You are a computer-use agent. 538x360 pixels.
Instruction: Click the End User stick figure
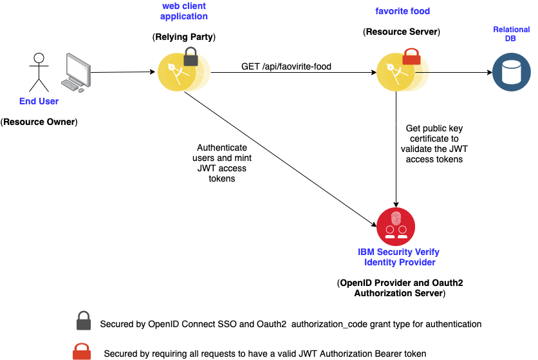pos(39,73)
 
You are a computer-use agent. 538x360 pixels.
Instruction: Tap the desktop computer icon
pos(76,73)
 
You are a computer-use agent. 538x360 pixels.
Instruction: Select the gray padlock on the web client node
pos(190,57)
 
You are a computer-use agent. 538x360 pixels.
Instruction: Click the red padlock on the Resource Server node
pos(411,57)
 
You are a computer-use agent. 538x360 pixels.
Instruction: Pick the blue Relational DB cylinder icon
pos(511,72)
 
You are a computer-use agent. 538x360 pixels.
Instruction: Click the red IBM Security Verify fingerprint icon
pos(396,227)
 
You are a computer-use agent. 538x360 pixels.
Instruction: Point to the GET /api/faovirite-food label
pos(286,66)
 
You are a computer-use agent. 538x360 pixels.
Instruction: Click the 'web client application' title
pos(184,11)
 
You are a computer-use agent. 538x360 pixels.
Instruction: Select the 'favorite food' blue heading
pos(402,11)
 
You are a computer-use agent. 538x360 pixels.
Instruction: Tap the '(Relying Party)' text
pos(184,37)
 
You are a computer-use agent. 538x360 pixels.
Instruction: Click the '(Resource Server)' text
pos(402,32)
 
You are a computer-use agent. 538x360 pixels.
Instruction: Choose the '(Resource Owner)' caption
pos(39,122)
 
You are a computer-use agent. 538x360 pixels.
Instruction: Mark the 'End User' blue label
pos(39,101)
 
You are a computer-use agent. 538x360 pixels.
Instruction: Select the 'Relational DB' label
pos(511,33)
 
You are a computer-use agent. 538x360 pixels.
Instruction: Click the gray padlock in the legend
pos(84,321)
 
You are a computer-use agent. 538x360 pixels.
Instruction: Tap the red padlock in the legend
pos(82,351)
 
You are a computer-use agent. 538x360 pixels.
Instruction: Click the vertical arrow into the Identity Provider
pos(396,149)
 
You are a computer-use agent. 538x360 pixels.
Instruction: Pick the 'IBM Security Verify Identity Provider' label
pos(399,257)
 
